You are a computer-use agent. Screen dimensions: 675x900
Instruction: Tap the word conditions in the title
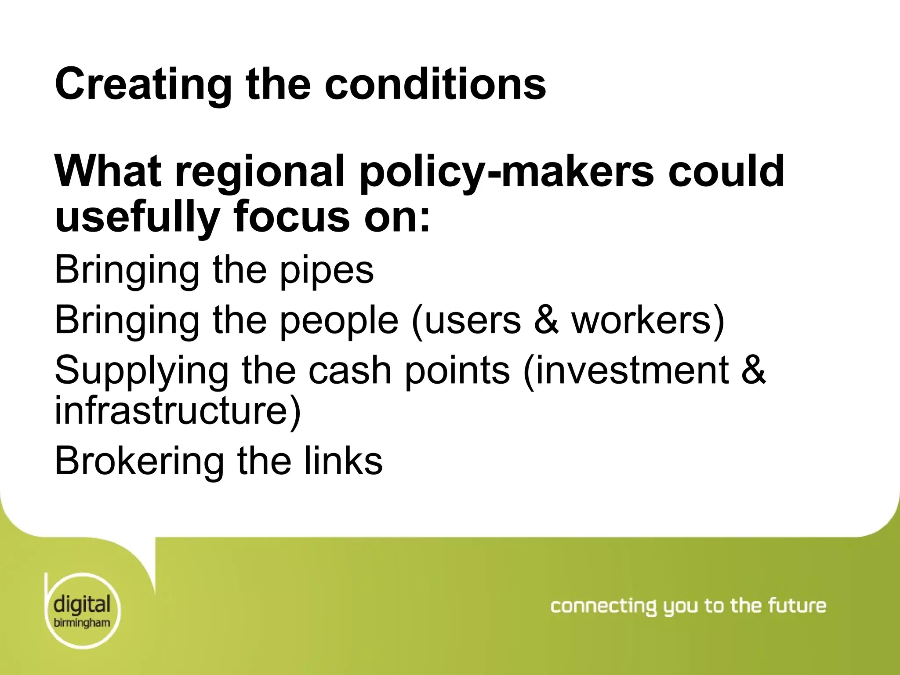tap(435, 83)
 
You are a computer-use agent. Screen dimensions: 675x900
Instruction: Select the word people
tap(338, 320)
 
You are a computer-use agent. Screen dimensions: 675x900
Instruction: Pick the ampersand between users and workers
tap(546, 320)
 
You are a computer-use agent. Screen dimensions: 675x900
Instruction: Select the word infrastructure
tap(178, 410)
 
